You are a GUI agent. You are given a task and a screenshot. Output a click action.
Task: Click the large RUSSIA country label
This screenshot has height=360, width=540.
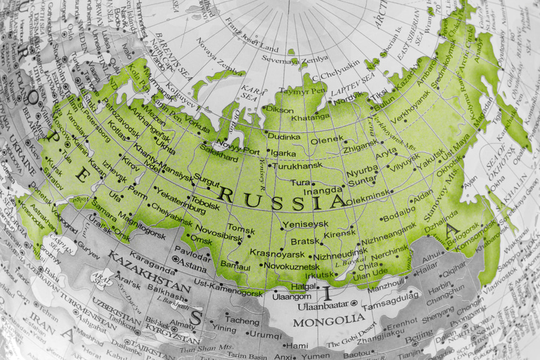281,198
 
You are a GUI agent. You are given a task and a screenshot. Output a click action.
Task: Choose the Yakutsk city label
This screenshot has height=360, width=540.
432,154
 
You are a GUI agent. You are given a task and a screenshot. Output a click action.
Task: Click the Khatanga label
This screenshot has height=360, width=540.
310,117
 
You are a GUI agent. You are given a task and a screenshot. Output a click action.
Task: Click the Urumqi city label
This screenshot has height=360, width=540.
261,335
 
